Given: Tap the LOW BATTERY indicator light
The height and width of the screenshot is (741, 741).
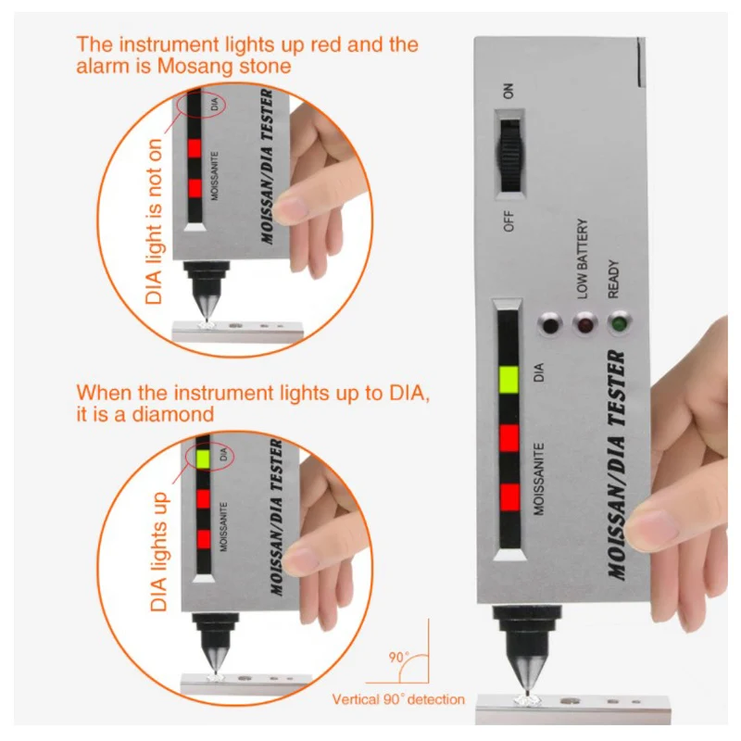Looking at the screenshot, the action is pyautogui.click(x=585, y=324).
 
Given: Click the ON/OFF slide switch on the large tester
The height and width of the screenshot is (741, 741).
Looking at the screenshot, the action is pyautogui.click(x=511, y=155).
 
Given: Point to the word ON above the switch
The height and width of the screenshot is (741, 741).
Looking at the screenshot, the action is pyautogui.click(x=508, y=91).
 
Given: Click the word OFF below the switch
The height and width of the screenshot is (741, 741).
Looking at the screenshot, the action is pyautogui.click(x=509, y=221).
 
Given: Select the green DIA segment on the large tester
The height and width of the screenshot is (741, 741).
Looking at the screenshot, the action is pyautogui.click(x=509, y=380).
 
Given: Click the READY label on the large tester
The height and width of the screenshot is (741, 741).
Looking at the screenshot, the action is pyautogui.click(x=613, y=279).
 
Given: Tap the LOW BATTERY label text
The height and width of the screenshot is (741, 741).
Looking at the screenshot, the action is pyautogui.click(x=583, y=258).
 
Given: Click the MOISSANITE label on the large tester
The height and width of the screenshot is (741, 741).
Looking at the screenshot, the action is pyautogui.click(x=539, y=479).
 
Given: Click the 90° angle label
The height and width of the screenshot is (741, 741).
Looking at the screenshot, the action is pyautogui.click(x=399, y=658).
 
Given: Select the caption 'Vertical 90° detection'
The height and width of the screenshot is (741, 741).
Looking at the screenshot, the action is pyautogui.click(x=398, y=699).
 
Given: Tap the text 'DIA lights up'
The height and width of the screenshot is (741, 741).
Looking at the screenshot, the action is pyautogui.click(x=159, y=551).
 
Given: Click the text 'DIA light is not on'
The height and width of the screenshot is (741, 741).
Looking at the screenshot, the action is pyautogui.click(x=154, y=221).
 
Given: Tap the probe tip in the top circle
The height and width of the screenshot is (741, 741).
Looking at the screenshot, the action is pyautogui.click(x=207, y=319).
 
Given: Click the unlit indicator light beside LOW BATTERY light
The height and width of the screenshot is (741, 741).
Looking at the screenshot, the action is pyautogui.click(x=549, y=325).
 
